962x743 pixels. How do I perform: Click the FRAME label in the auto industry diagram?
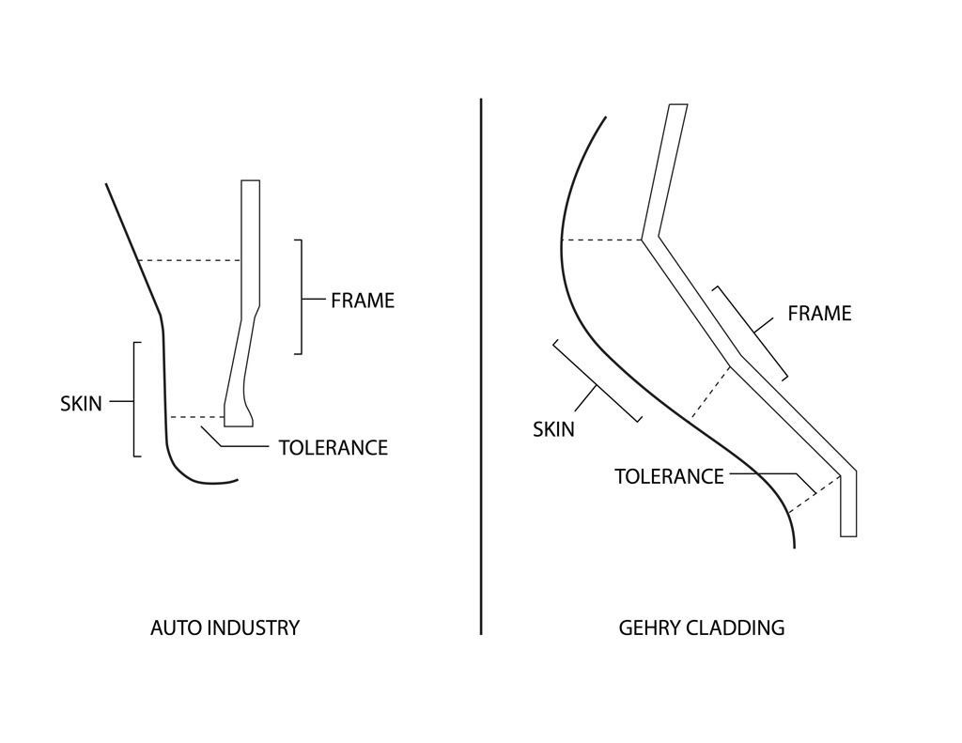tap(363, 301)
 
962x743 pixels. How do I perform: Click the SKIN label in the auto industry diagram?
tap(81, 404)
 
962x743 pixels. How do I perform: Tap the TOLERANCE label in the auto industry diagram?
tap(334, 448)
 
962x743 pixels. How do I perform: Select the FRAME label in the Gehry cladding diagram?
tap(819, 314)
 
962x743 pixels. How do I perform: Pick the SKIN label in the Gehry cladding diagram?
tap(553, 429)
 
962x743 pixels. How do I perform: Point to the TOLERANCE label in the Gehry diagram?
tap(669, 477)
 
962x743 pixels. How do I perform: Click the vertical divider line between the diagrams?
tap(481, 366)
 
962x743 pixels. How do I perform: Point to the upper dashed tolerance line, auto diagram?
tap(190, 261)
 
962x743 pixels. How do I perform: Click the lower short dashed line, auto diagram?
tap(196, 417)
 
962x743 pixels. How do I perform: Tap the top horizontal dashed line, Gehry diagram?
tap(602, 240)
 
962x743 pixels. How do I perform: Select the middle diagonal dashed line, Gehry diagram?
tap(711, 392)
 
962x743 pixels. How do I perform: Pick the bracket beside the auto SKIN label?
tap(134, 399)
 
